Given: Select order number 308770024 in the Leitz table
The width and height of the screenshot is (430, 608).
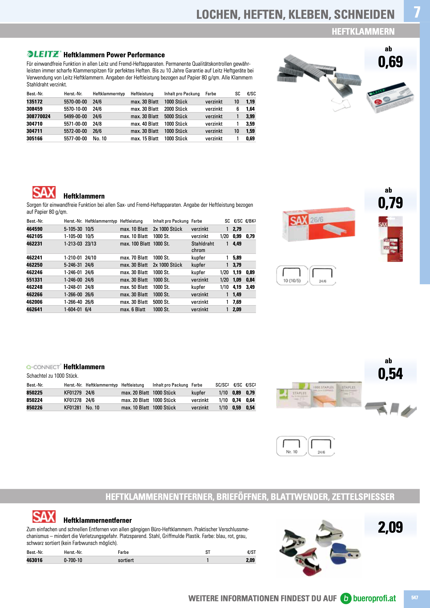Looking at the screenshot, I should coord(39,116).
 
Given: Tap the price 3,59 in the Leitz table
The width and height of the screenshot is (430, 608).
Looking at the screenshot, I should coord(250,124).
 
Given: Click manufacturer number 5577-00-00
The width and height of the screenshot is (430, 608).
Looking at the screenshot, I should coord(75,138).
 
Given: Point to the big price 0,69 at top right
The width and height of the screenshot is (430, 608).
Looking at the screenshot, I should coord(390,62).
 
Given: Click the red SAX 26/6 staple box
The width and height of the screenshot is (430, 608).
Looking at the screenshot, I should coord(319,224).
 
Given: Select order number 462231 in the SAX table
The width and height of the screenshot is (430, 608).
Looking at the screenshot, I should coord(34,244).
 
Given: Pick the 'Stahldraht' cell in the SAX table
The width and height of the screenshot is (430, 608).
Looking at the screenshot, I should coord(202,244).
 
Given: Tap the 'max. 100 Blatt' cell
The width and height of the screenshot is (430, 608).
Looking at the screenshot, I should coord(135,244).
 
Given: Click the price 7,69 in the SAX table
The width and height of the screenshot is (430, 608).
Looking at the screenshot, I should coord(237,302).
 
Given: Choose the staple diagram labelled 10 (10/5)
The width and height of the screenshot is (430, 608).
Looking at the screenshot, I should coord(292,275).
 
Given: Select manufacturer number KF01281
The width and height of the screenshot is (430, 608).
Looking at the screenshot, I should coord(72,407).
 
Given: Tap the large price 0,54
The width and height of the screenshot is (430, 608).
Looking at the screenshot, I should coord(390,374).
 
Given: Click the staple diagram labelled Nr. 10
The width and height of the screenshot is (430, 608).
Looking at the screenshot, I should coord(291,446).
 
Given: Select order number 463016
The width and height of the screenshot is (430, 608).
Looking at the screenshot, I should coord(34,560).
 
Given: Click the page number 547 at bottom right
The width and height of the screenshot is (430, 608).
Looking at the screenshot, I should coord(414,598).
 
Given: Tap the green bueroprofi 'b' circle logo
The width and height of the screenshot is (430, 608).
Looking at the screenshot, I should coord(346,598).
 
